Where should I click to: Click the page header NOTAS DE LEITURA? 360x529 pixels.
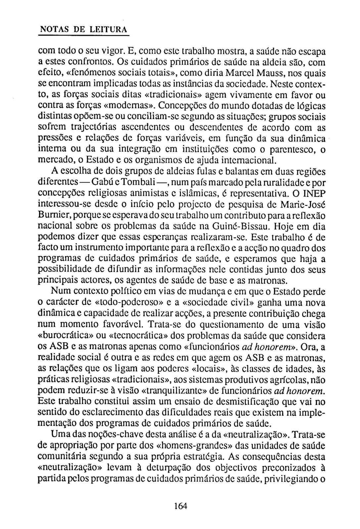click(83, 29)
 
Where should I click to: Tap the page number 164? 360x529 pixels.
click(180, 506)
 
